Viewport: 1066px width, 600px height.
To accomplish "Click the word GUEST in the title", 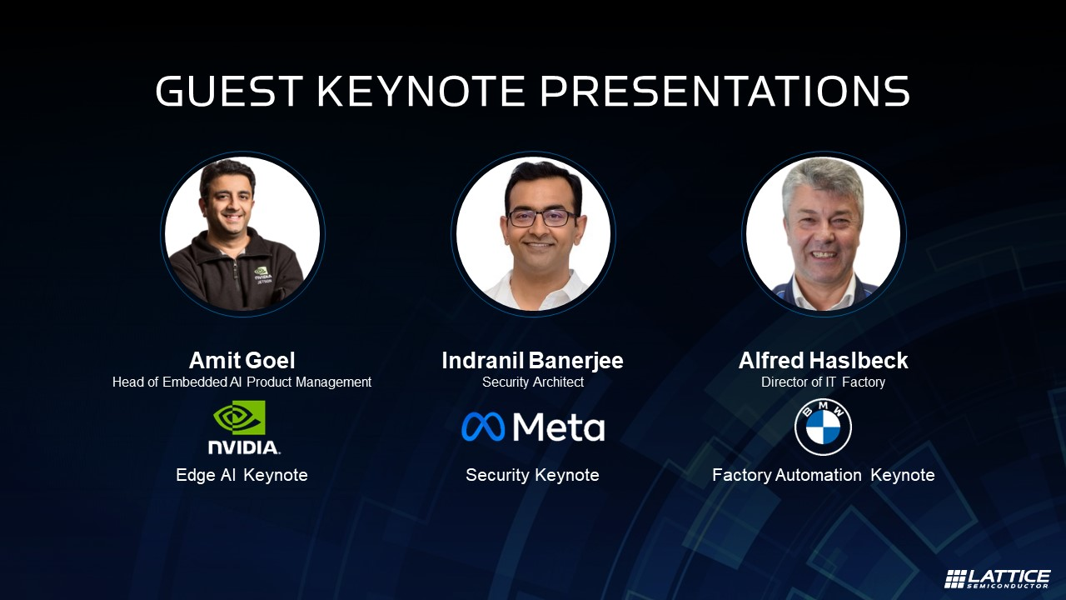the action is [229, 91].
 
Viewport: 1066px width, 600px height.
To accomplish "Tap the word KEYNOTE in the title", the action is [421, 91].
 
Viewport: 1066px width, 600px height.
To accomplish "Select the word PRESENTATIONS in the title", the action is [725, 91].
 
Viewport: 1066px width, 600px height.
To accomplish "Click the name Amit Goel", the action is [242, 361].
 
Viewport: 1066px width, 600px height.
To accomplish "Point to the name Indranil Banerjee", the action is [532, 361].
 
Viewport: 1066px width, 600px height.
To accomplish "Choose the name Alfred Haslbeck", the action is [824, 361].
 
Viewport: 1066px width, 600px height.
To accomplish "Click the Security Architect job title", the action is [533, 382].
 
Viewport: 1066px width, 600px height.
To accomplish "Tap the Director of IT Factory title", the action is [824, 382].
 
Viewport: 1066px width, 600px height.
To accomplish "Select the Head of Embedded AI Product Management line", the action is [242, 382].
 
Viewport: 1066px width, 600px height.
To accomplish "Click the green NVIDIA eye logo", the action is [239, 417].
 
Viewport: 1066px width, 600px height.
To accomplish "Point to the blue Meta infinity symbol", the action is [483, 426].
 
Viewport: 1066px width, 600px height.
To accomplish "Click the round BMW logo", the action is [824, 427].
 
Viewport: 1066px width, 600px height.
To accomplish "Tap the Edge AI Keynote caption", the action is [242, 475].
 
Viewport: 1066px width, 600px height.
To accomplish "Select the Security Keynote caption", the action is [532, 475].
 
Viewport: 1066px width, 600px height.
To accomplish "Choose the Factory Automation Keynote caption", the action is [824, 475].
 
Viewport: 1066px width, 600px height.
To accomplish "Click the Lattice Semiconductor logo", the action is [997, 578].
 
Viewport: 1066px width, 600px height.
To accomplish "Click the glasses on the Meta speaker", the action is [542, 218].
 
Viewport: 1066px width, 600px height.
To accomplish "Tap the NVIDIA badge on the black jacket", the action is [262, 275].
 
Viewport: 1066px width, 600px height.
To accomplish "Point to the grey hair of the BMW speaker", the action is [822, 181].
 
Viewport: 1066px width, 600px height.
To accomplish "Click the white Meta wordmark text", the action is [559, 427].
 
